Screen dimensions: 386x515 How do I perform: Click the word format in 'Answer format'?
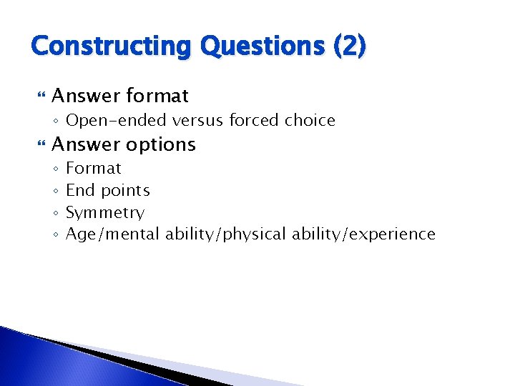click(x=157, y=96)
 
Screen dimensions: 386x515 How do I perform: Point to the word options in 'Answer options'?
click(x=161, y=144)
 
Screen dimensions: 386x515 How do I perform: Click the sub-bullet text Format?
click(x=94, y=169)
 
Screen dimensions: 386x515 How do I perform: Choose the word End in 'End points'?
click(x=80, y=190)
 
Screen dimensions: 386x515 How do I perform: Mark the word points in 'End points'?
click(x=125, y=191)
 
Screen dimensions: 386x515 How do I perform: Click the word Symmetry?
click(x=105, y=213)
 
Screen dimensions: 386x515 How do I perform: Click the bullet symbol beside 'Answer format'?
click(x=40, y=96)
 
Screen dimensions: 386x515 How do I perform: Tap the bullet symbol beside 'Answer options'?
click(x=40, y=144)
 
